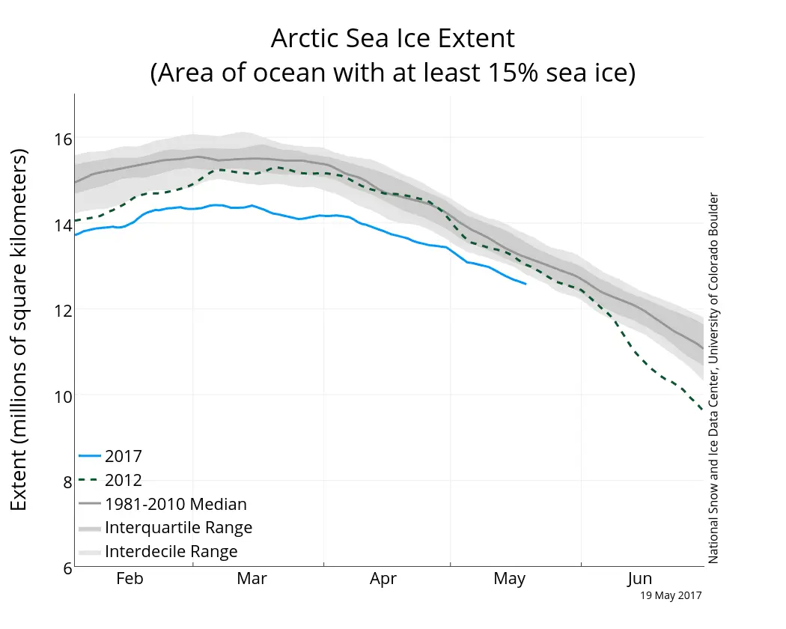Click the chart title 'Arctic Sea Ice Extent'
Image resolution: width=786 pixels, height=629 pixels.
pyautogui.click(x=392, y=38)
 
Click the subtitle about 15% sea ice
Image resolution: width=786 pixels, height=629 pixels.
pyautogui.click(x=392, y=73)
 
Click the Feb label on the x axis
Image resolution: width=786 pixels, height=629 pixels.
pyautogui.click(x=130, y=579)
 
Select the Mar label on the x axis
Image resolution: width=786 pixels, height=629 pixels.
pyautogui.click(x=252, y=579)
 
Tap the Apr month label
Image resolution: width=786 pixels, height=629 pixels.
pyautogui.click(x=383, y=579)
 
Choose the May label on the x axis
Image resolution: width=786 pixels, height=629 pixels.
pyautogui.click(x=510, y=579)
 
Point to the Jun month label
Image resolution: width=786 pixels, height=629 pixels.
pyautogui.click(x=639, y=579)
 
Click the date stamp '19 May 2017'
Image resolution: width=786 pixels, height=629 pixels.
pyautogui.click(x=671, y=596)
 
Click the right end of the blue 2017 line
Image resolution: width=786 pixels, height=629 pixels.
pyautogui.click(x=525, y=284)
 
